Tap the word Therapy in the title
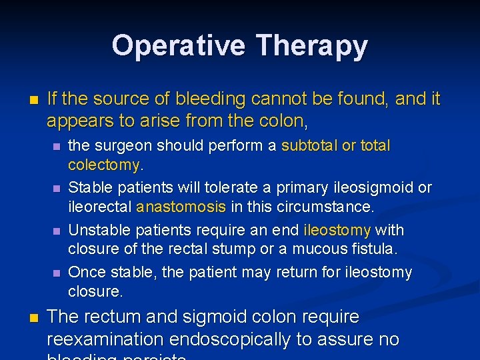tap(311, 45)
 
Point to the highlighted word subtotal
tap(309, 145)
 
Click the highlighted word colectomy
tap(103, 164)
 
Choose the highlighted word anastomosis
tap(181, 207)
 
